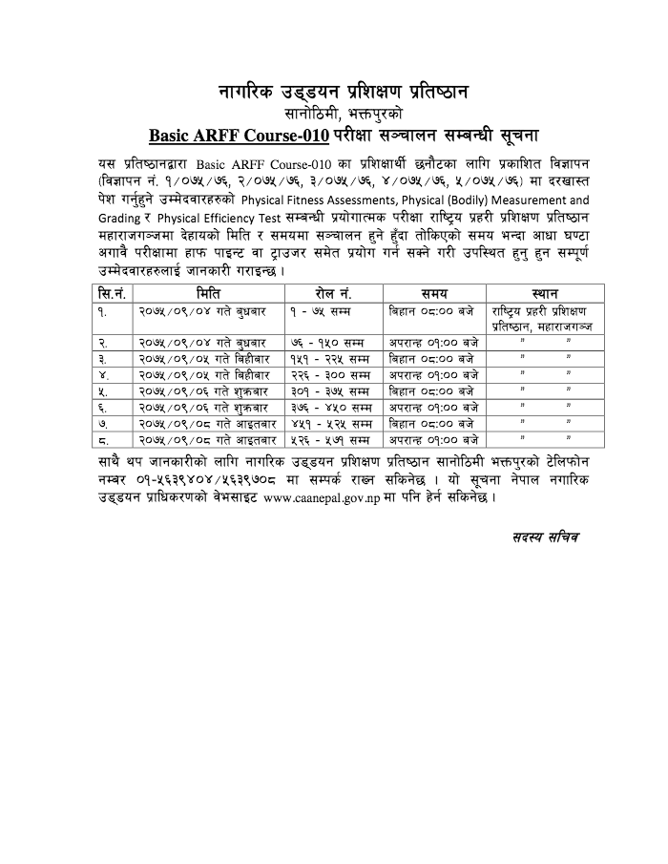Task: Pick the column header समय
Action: pyautogui.click(x=435, y=293)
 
